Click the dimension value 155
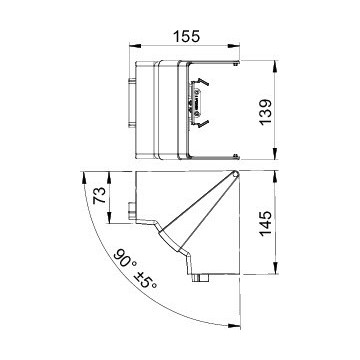click(186, 36)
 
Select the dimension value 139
click(266, 112)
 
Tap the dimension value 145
click(266, 223)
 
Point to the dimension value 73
click(99, 195)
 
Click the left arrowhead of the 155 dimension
click(134, 47)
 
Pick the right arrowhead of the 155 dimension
click(235, 47)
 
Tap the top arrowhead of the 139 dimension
click(274, 65)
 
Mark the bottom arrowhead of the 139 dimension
click(274, 154)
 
